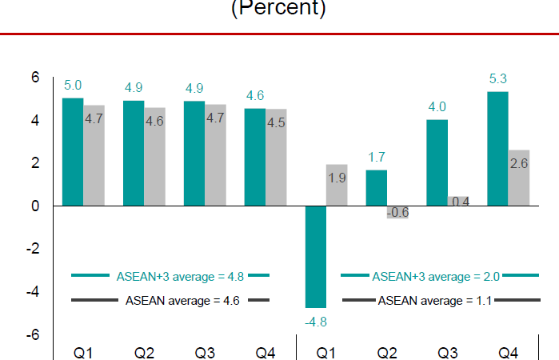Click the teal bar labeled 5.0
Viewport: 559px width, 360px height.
pos(73,152)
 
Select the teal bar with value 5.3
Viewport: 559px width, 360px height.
pos(497,149)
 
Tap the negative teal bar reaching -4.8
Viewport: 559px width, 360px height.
pos(316,257)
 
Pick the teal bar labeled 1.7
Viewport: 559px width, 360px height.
pos(377,188)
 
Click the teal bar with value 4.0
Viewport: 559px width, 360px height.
pos(437,163)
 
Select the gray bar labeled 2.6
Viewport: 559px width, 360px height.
pos(518,178)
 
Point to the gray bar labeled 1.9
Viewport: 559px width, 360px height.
pos(337,185)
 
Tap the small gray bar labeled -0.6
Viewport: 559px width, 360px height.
pos(397,212)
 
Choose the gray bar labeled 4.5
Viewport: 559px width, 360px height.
pos(276,157)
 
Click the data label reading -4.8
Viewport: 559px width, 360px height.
pos(316,322)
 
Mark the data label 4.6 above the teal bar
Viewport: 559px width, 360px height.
pos(255,96)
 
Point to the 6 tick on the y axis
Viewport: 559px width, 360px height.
pos(34,78)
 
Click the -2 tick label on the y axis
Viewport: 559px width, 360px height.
pos(32,249)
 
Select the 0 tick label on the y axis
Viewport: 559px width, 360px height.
pos(34,206)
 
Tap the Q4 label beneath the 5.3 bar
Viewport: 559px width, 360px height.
pos(509,351)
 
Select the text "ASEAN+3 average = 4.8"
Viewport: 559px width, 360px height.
pos(170,276)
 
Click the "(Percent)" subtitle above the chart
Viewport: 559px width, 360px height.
pos(278,9)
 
